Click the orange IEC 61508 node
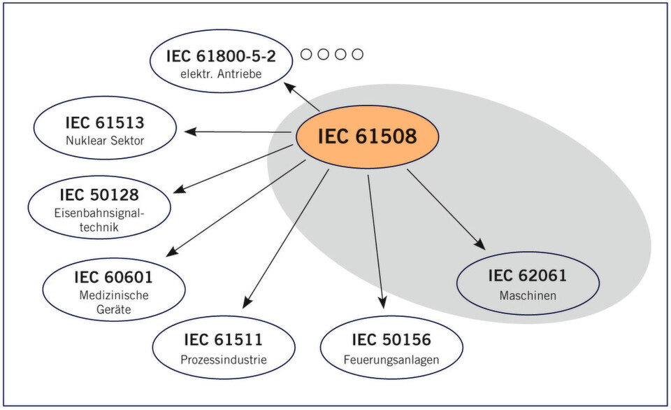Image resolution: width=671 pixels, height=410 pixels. pos(367,136)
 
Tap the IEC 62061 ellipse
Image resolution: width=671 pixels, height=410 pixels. pos(527,283)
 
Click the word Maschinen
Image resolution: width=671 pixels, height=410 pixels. pos(527,295)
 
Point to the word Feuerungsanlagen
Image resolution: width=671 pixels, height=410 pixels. pos(391,361)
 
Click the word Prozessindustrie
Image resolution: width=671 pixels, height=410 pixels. pos(223,361)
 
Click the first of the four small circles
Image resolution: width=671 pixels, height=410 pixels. pos(306,55)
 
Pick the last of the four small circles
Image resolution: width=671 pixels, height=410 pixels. pos(357,55)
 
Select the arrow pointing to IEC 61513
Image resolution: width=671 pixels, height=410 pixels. pos(238,131)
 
